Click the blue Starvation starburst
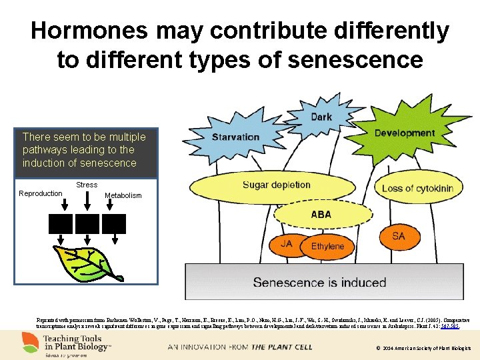tap(235, 137)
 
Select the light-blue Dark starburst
tap(321, 117)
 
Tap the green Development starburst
tap(405, 133)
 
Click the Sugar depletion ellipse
tap(276, 185)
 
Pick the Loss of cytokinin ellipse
tap(417, 188)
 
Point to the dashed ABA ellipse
tap(321, 215)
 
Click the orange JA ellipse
tap(286, 244)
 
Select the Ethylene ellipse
tap(328, 246)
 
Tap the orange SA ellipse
tap(398, 236)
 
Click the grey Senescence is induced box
tap(319, 282)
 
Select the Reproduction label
tap(41, 194)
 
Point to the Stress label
tap(87, 185)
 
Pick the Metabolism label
tap(123, 196)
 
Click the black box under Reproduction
tap(60, 223)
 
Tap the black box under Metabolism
tap(113, 223)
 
